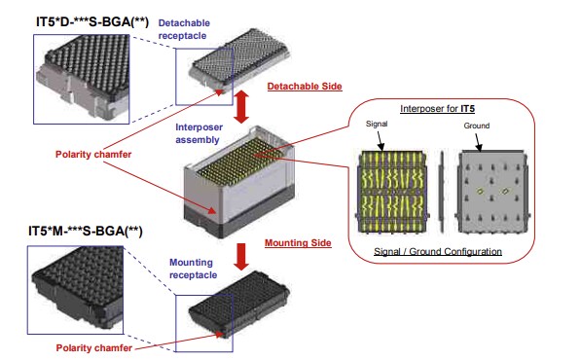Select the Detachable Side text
(305, 87)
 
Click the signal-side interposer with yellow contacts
(393, 191)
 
